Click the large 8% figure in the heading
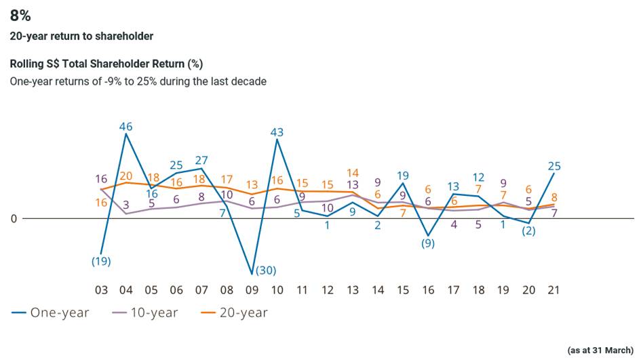pos(20,15)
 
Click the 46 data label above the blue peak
pos(125,126)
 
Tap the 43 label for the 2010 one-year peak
pos(277,133)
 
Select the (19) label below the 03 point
pos(101,261)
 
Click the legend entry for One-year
pos(50,313)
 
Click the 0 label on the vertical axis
pos(12,218)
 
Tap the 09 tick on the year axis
pos(252,290)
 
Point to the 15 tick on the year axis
pos(403,290)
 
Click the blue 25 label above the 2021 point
pos(554,166)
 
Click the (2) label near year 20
pos(529,231)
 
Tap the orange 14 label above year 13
pos(352,173)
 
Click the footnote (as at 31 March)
pos(600,350)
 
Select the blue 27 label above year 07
pos(201,161)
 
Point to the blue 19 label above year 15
pos(403,176)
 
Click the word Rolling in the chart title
pos(28,64)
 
